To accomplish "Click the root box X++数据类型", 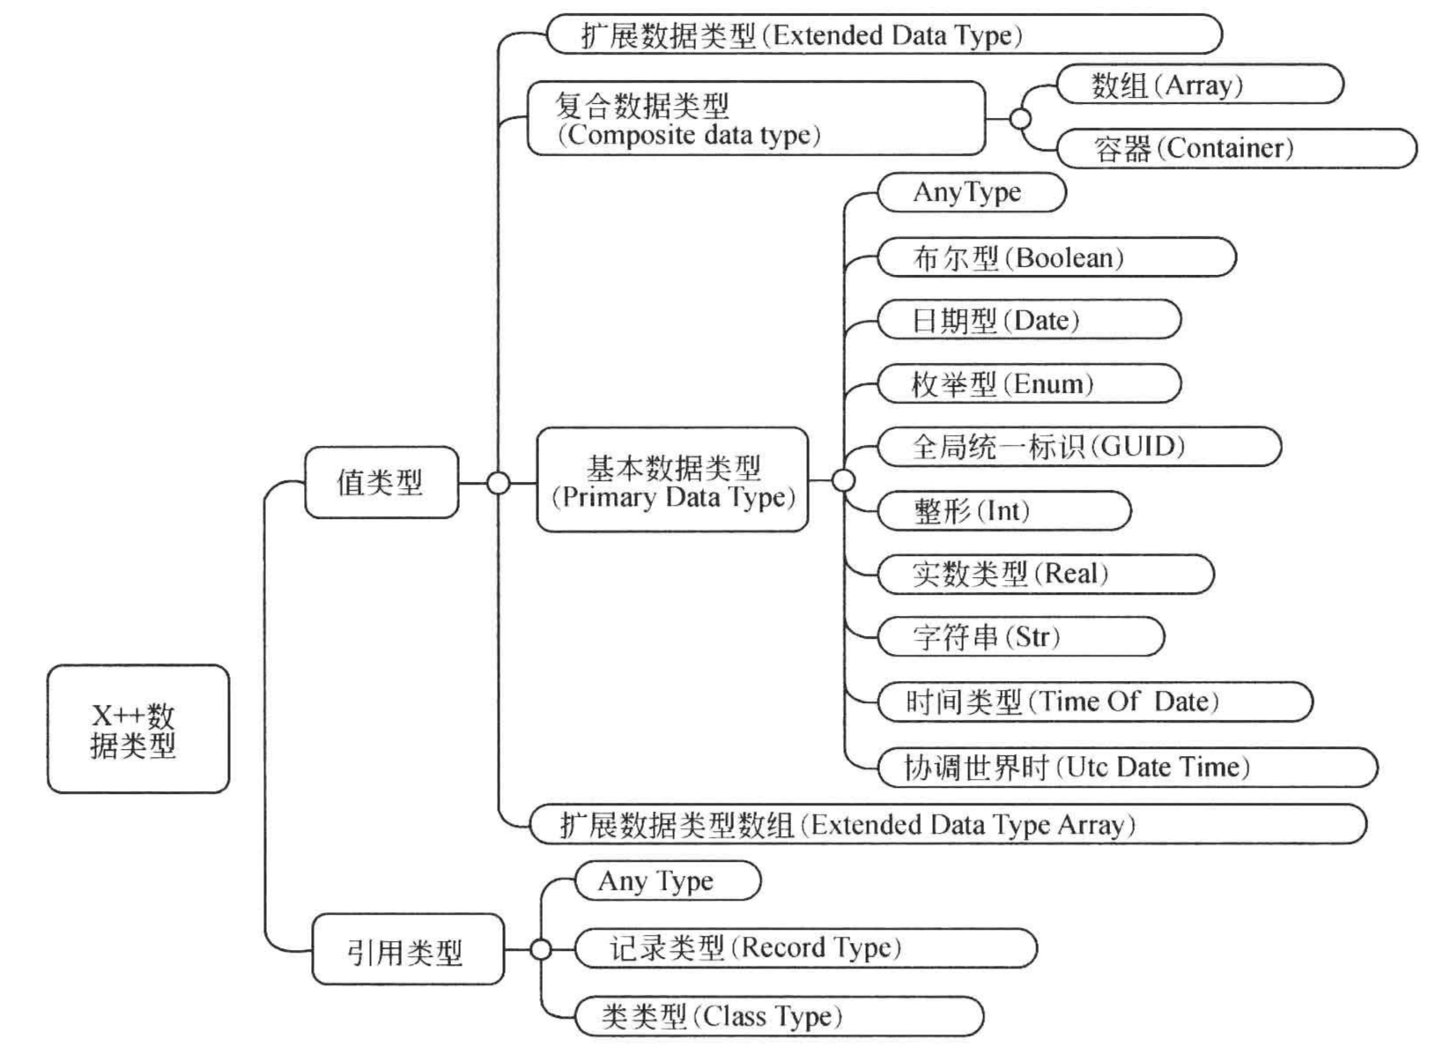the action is tap(138, 728).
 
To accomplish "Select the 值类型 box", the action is tap(381, 482).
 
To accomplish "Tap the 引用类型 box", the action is tap(407, 949).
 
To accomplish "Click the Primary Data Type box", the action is tap(673, 480).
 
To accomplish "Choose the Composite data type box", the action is tap(756, 118).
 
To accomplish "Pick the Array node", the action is tap(1200, 85).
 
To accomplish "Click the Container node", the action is tap(1237, 148).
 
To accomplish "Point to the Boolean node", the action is tap(1056, 257).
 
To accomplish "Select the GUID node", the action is tap(1078, 446).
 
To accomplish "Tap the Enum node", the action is tap(1029, 383).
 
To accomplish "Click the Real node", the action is tap(1045, 574).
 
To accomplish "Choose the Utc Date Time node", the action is tap(1127, 767).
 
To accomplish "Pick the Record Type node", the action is tap(806, 948).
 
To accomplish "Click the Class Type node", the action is tap(780, 1016).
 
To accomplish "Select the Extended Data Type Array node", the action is tap(948, 824).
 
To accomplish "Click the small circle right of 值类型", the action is tap(499, 483).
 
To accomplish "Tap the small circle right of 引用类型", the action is tap(541, 950).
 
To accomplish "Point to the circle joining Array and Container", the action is tap(1021, 119).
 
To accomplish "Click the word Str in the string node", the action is tap(1033, 637).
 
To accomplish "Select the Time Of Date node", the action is tap(1095, 701).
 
